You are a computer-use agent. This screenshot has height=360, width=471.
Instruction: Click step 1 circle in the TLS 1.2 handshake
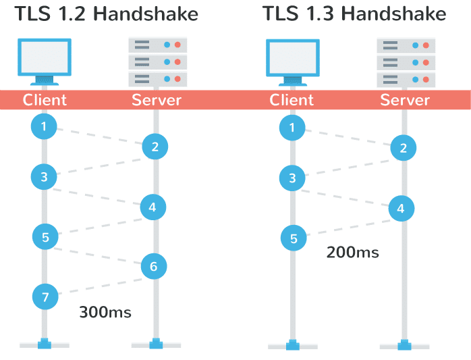coord(44,126)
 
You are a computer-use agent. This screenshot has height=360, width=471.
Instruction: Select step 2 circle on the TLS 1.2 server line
coord(155,146)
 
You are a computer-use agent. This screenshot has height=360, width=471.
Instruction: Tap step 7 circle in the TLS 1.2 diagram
coord(45,296)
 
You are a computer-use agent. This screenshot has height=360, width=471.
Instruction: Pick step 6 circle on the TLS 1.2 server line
coord(154,267)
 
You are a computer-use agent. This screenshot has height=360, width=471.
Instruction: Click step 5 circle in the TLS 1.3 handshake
coord(294,238)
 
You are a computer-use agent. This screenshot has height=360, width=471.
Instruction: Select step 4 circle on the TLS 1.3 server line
coord(401,209)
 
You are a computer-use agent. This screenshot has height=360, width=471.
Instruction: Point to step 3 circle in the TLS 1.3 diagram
coord(292,178)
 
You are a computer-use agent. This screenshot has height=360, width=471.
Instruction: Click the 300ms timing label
coord(105,312)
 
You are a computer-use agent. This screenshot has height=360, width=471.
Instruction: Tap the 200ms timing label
coord(352,253)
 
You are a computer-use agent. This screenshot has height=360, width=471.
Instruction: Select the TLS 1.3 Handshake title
coord(354,14)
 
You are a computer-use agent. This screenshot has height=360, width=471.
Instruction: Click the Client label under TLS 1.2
coord(45,100)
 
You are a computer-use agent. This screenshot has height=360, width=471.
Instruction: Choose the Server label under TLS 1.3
coord(405,100)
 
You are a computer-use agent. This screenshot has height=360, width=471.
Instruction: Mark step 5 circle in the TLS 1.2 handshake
coord(45,236)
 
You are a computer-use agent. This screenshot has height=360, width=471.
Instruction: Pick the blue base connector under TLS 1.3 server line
coord(405,344)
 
